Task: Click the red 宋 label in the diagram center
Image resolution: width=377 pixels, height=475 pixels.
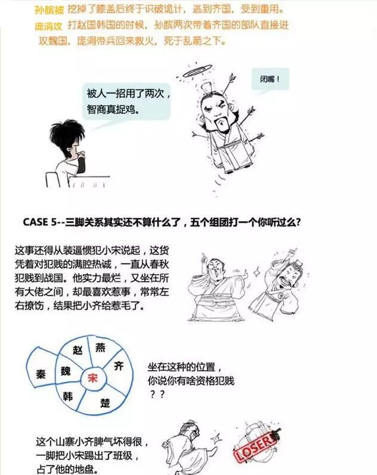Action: click(92, 378)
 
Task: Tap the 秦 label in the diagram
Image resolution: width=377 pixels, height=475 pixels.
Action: click(41, 374)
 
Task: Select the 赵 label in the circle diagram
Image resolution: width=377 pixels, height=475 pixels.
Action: click(78, 350)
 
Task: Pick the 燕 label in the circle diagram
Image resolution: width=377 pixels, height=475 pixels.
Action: click(100, 347)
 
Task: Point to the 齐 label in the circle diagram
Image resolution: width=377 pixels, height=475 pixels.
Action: click(118, 366)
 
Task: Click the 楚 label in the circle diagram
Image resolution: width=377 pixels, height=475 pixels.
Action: click(105, 402)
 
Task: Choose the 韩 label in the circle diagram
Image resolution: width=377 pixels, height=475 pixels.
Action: click(67, 396)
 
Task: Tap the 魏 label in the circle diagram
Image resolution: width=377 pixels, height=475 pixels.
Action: click(66, 371)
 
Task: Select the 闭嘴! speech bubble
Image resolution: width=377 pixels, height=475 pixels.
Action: click(270, 79)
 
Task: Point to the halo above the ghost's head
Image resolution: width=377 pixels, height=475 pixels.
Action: click(196, 72)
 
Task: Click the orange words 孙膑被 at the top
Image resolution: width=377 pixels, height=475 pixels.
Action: click(50, 10)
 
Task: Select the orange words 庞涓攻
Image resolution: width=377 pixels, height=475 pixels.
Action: click(48, 26)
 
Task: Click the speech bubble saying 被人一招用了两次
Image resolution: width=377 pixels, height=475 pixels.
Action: click(126, 101)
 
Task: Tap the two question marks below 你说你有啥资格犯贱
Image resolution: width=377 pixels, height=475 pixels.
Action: click(157, 395)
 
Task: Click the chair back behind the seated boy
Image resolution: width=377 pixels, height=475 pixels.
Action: click(52, 180)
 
